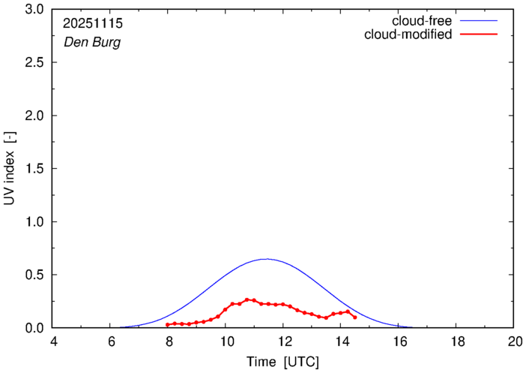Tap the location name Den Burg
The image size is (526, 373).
tap(88, 43)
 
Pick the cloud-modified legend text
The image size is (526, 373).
tap(408, 35)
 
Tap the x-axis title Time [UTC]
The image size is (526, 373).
tap(282, 362)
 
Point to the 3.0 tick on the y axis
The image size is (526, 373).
tap(34, 10)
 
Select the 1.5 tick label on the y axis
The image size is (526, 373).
tap(34, 169)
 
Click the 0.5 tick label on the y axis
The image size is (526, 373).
tap(34, 275)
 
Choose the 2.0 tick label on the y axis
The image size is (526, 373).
tap(34, 116)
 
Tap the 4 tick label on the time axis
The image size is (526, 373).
tap(53, 341)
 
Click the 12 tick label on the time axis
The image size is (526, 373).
tap(283, 341)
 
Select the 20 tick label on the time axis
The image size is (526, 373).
tap(513, 341)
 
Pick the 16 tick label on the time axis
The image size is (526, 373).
tap(398, 341)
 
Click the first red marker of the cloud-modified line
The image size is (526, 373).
tap(168, 325)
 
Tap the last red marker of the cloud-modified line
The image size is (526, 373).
tap(354, 317)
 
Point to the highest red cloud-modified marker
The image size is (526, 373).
tap(247, 299)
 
